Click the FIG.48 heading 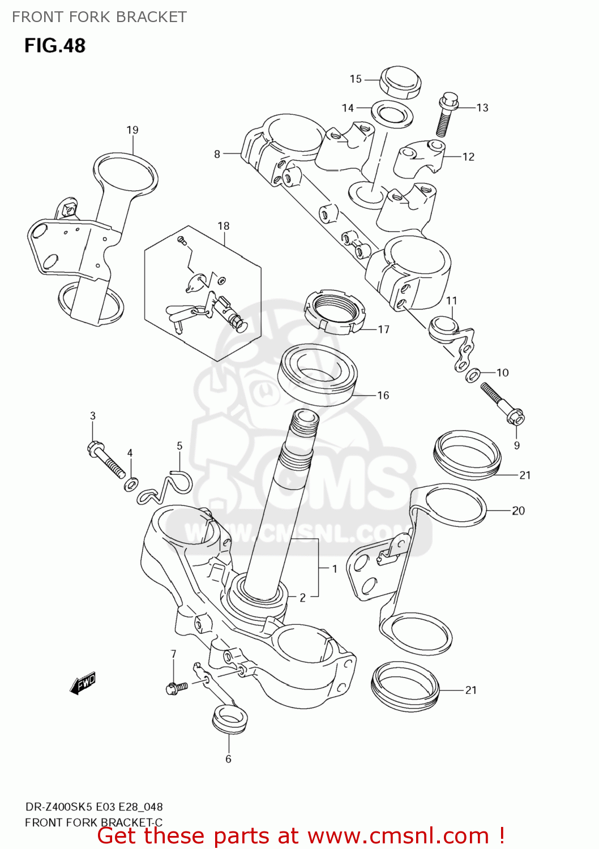point(54,45)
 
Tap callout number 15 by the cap point(356,79)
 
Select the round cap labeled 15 point(400,82)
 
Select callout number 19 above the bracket point(132,130)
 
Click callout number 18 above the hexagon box point(224,226)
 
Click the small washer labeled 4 point(131,484)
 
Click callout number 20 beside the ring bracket point(518,511)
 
